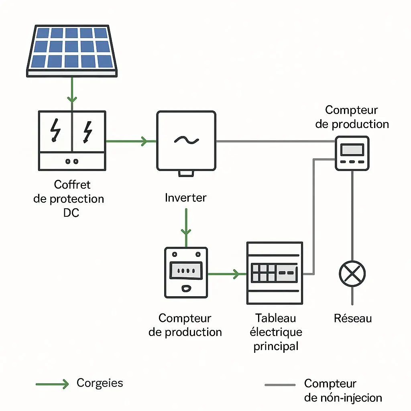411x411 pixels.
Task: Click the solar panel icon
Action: pyautogui.click(x=72, y=51)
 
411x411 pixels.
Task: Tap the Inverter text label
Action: pyautogui.click(x=185, y=197)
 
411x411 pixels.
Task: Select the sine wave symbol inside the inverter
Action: pyautogui.click(x=186, y=140)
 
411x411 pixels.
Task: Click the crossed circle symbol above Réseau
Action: pyautogui.click(x=352, y=274)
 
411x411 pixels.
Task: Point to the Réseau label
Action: pyautogui.click(x=353, y=318)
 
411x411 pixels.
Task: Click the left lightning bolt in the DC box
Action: pyautogui.click(x=55, y=130)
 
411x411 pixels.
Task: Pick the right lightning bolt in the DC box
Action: pyautogui.click(x=88, y=132)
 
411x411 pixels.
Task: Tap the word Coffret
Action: pyautogui.click(x=72, y=185)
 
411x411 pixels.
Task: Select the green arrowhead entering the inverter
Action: pyautogui.click(x=144, y=141)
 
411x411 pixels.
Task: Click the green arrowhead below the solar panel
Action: pyautogui.click(x=72, y=100)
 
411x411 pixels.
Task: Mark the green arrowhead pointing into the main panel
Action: pyautogui.click(x=236, y=274)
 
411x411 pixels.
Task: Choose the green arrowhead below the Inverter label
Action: pyautogui.click(x=186, y=232)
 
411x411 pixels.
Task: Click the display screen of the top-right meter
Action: pyautogui.click(x=352, y=150)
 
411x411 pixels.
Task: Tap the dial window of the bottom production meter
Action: pyautogui.click(x=186, y=270)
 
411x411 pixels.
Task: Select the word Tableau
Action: pyautogui.click(x=276, y=318)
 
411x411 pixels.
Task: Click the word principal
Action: pyautogui.click(x=276, y=346)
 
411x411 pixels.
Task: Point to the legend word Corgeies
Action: pyautogui.click(x=100, y=383)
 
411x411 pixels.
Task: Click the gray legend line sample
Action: pyautogui.click(x=280, y=385)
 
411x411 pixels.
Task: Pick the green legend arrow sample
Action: pyautogui.click(x=52, y=384)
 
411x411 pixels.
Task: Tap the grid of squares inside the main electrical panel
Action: pyautogui.click(x=263, y=273)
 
